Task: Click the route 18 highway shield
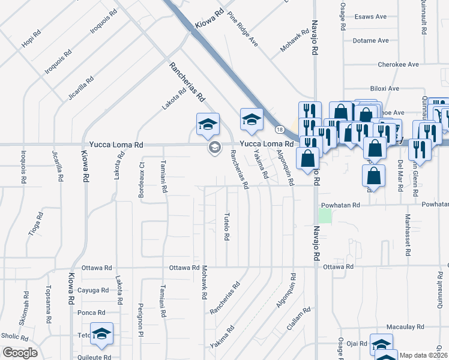pos(280,129)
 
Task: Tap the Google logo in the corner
pos(19,353)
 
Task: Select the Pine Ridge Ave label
pos(243,32)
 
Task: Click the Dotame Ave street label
pos(370,41)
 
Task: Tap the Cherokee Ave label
pos(398,64)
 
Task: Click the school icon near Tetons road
pos(102,333)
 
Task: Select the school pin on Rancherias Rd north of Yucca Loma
pos(208,124)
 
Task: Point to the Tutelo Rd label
pos(227,226)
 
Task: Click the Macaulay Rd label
pos(405,327)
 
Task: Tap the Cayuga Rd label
pos(95,290)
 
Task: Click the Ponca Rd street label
pos(91,313)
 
